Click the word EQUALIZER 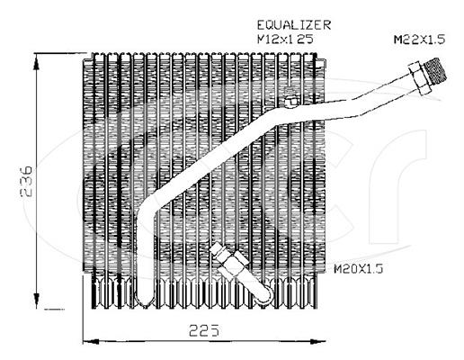294,25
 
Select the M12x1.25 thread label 285,39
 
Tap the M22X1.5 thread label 419,40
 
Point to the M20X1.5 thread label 359,268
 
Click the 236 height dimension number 26,181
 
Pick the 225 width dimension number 204,330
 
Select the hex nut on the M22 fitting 419,78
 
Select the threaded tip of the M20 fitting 217,249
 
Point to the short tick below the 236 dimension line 54,309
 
